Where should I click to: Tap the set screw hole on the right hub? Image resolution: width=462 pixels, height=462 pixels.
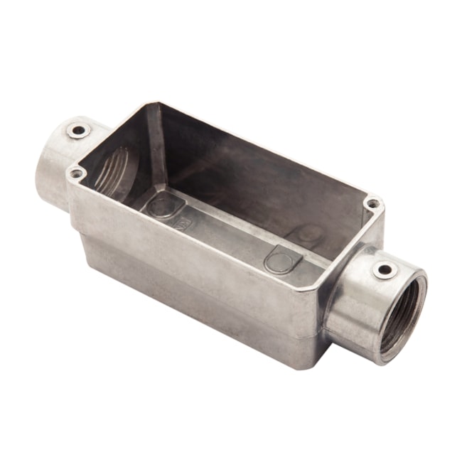[385, 270]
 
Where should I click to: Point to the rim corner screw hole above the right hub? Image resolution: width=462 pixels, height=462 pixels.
[372, 204]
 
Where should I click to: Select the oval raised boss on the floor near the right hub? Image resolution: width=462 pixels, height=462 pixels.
[283, 259]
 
